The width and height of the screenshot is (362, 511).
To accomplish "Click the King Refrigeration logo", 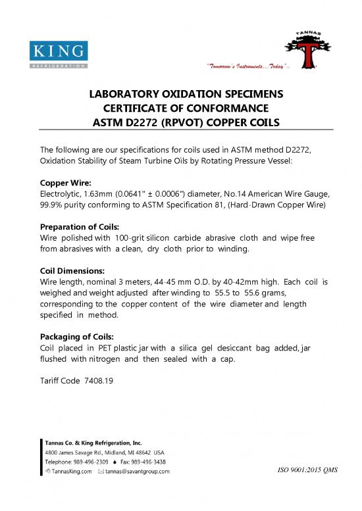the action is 57,55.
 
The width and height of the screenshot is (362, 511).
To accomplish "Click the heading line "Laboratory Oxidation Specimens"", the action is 181,93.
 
